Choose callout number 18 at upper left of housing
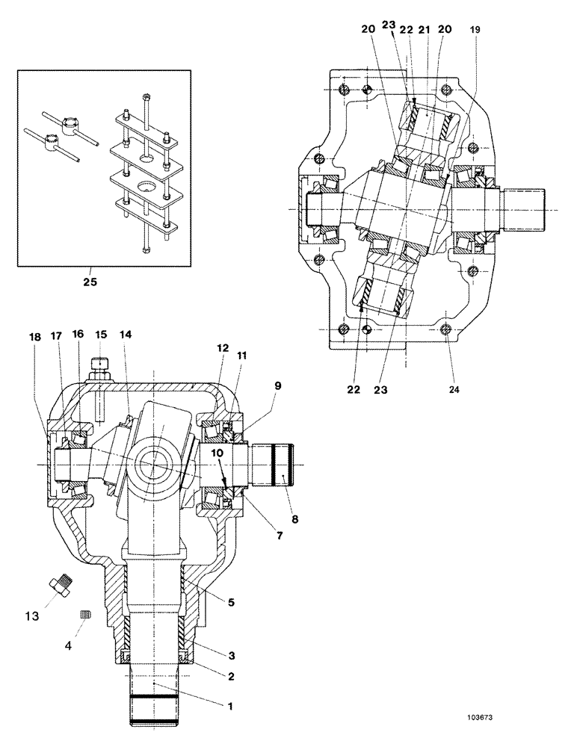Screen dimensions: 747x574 click(x=34, y=337)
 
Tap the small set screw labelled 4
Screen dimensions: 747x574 click(x=84, y=614)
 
